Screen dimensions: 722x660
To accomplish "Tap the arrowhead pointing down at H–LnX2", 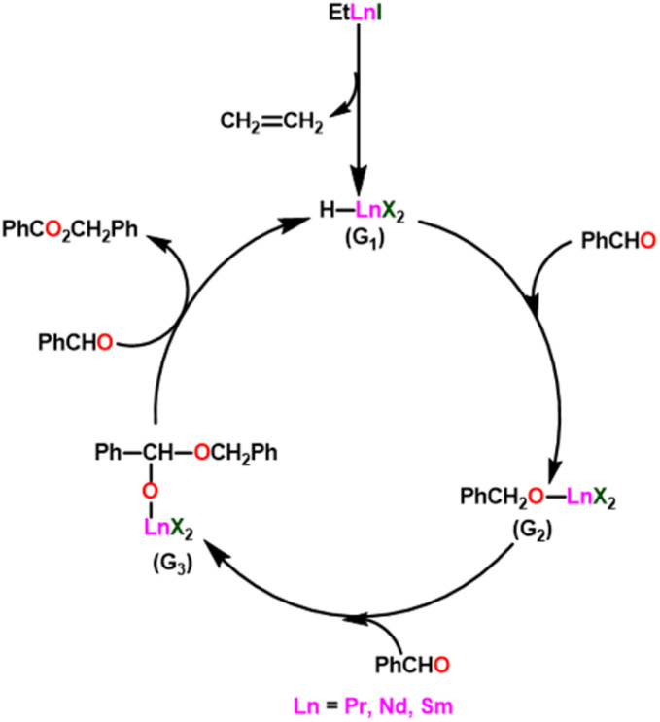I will click(x=360, y=184).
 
